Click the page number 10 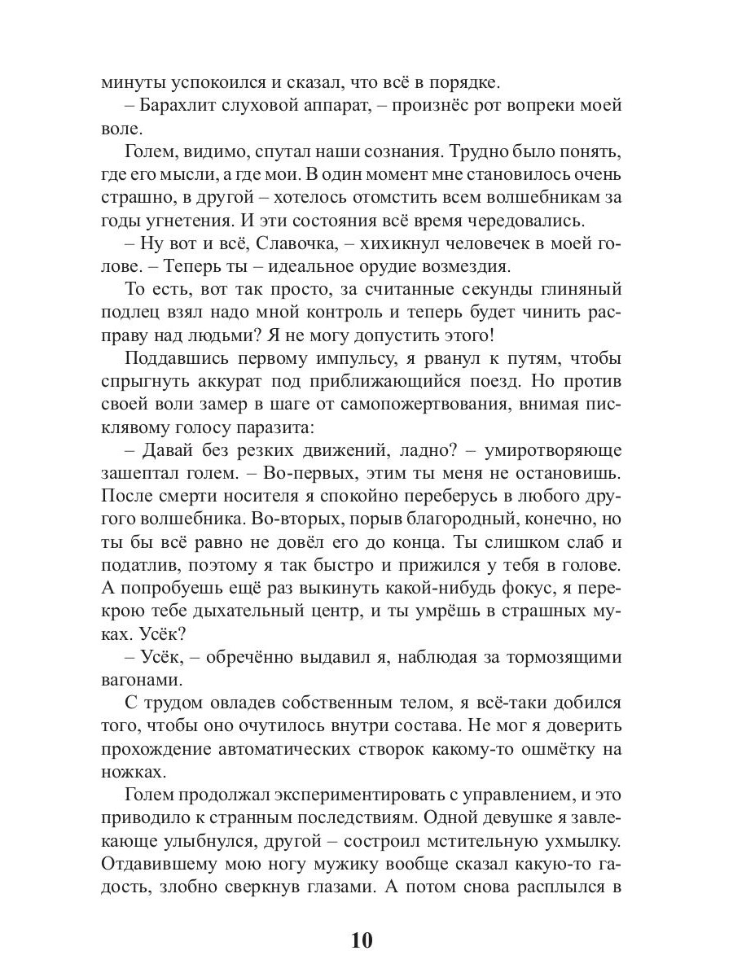tap(362, 940)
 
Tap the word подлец tap(130, 313)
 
